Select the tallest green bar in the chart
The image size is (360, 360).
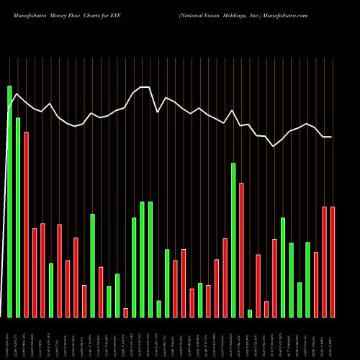coord(9,202)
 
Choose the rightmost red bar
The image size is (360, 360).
coord(333,262)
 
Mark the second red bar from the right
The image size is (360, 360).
coord(325,262)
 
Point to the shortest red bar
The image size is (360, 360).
coord(125,312)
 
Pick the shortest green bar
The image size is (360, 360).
coord(250,313)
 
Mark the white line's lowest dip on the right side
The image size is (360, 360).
coord(274,146)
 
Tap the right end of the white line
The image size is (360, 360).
coord(331,137)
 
